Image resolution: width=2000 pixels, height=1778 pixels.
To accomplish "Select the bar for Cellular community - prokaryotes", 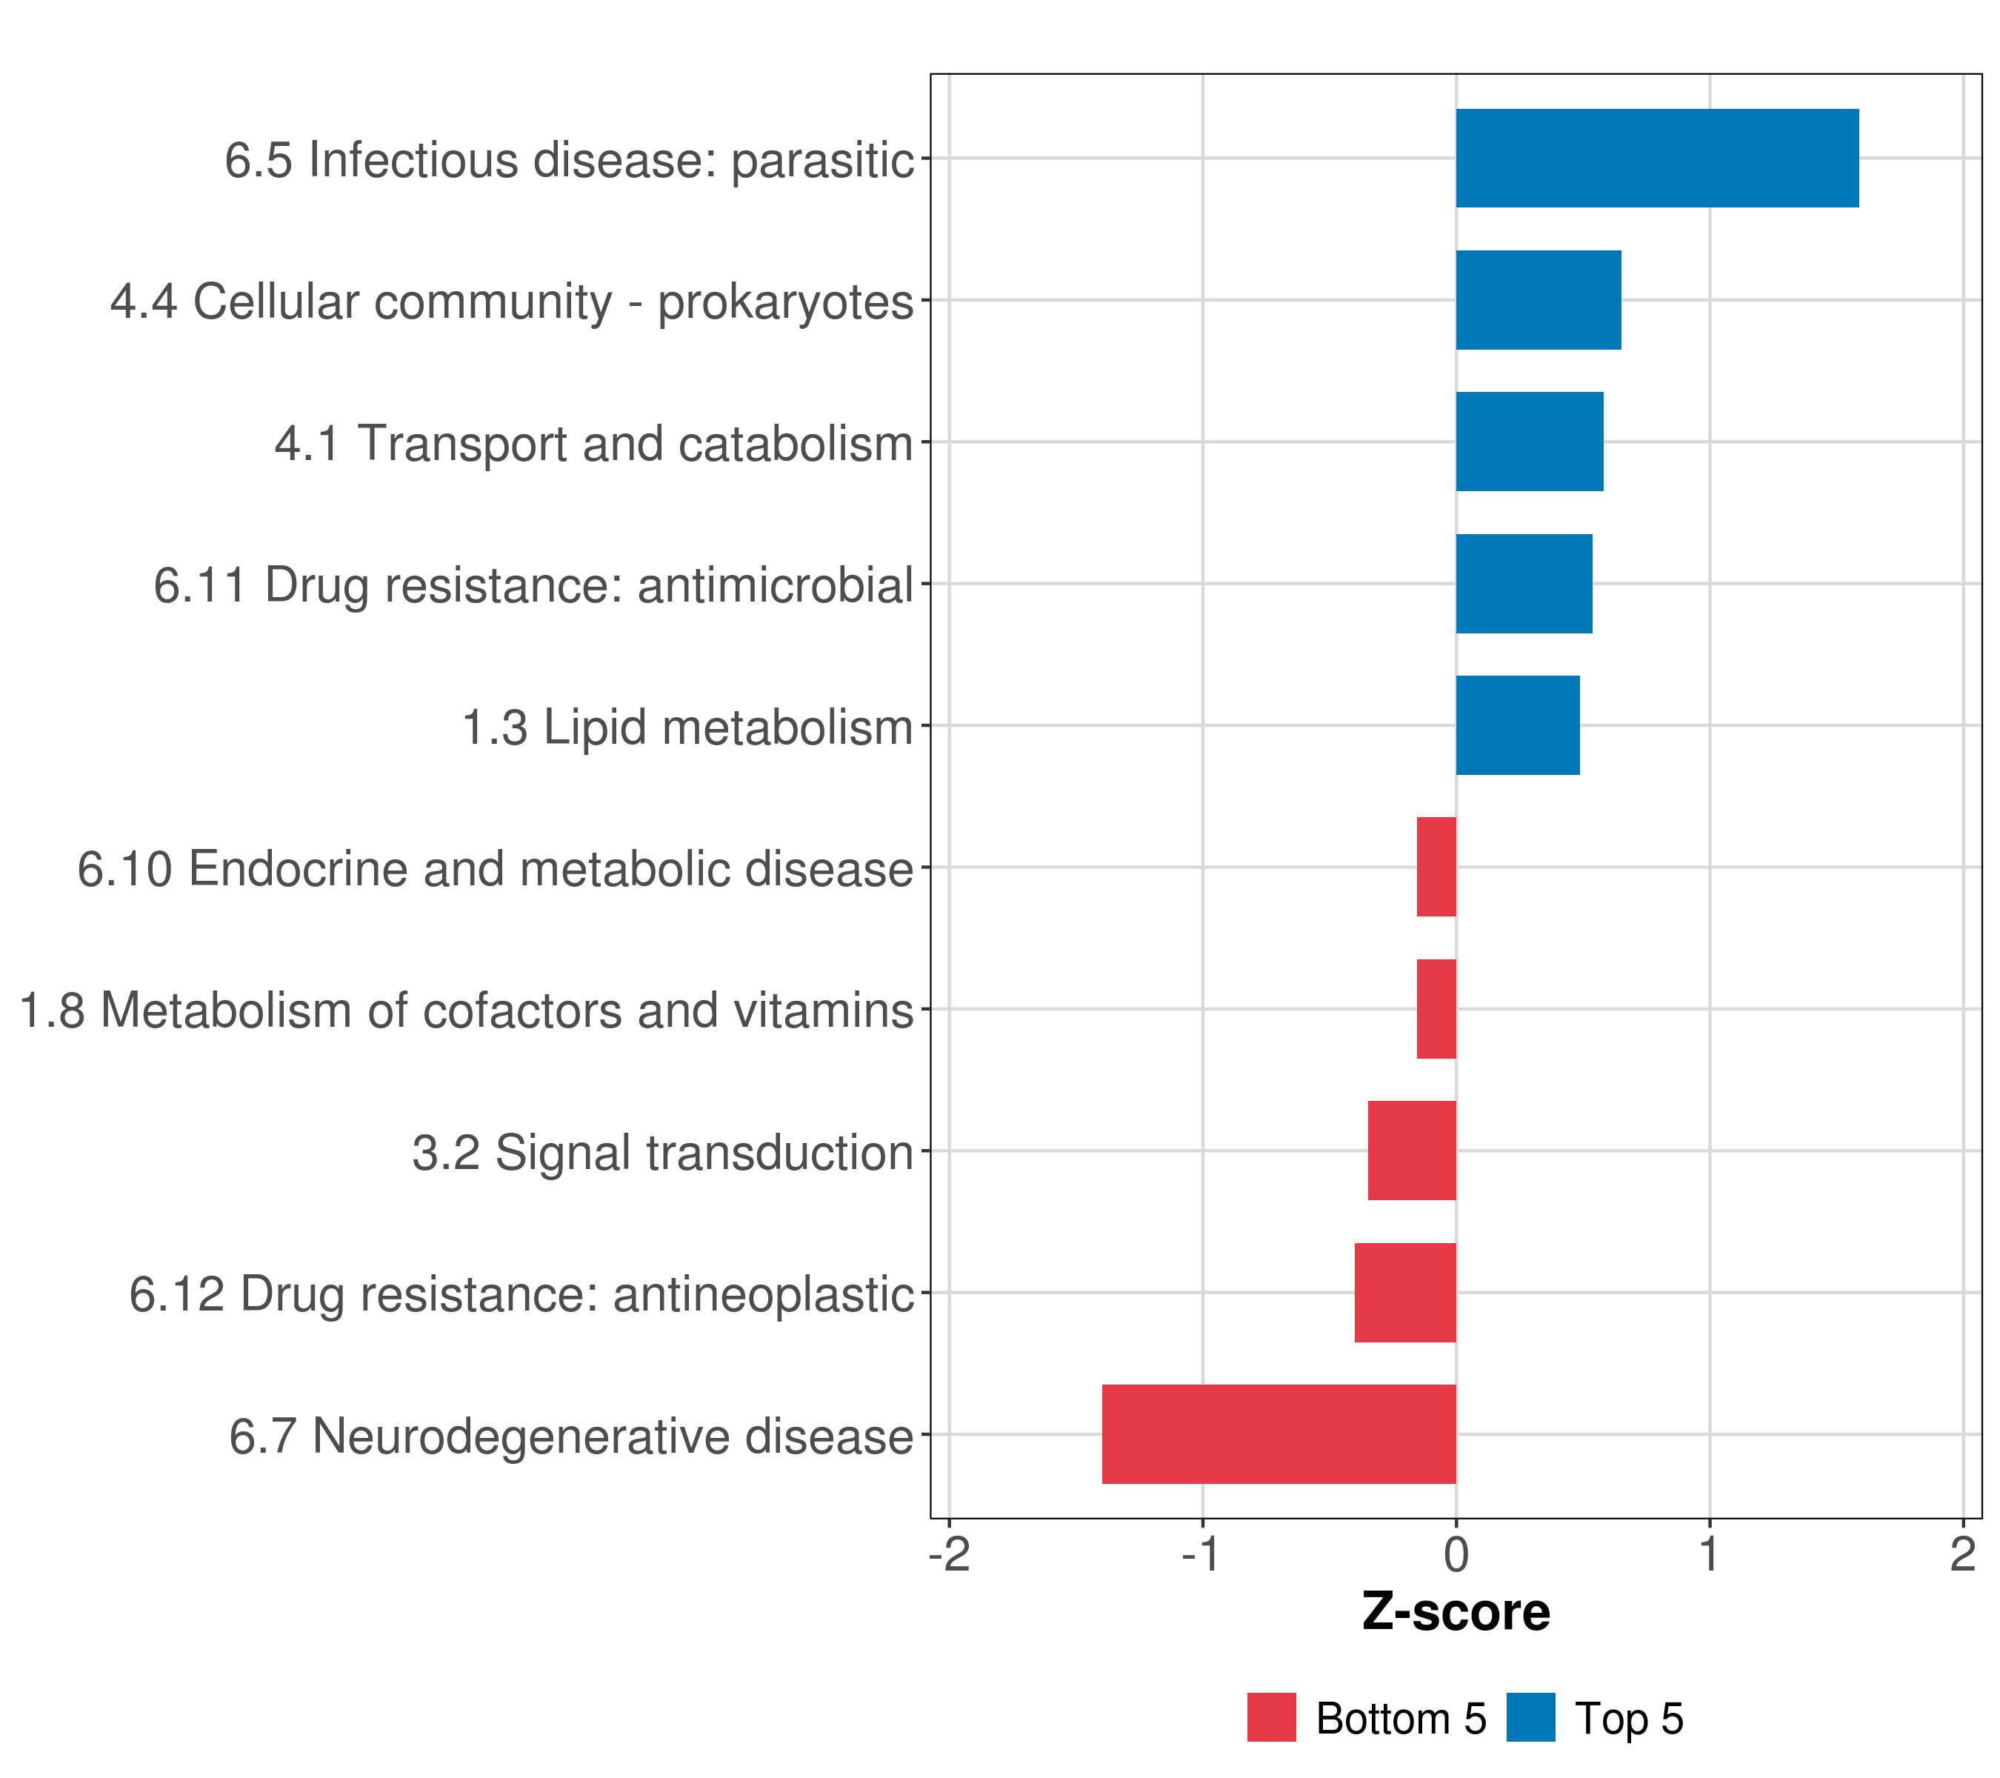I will click(x=1539, y=301).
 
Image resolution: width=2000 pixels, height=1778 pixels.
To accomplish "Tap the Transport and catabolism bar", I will click(x=1530, y=442).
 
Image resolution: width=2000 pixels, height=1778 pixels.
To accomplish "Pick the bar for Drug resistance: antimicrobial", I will click(x=1524, y=585).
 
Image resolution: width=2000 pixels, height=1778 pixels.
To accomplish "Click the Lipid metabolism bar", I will click(x=1518, y=725).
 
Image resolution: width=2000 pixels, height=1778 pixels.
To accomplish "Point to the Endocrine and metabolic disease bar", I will click(x=1436, y=867).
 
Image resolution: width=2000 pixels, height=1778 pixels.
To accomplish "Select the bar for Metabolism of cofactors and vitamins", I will click(x=1436, y=1009).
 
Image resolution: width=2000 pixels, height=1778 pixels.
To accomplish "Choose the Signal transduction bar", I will click(x=1412, y=1151).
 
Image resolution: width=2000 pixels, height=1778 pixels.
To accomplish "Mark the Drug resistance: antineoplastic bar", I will click(x=1405, y=1293).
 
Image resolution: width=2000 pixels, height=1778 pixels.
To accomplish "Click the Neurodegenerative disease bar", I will click(x=1279, y=1434).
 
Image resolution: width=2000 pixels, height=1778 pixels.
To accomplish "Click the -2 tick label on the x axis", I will click(x=949, y=1555).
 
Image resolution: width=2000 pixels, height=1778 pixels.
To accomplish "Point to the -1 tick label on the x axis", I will click(x=1202, y=1555).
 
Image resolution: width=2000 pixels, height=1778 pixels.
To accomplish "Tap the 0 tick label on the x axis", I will click(x=1456, y=1555).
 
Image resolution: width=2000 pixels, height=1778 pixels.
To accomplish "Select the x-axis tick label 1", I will click(x=1710, y=1555).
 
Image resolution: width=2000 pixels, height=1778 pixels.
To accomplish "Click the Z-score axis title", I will click(x=1456, y=1613).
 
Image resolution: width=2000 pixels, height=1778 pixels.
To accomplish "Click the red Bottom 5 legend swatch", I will click(x=1271, y=1717).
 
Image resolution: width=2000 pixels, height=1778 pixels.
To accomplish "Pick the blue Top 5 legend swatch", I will click(x=1530, y=1717).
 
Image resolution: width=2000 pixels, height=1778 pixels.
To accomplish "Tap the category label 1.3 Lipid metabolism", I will click(x=687, y=728).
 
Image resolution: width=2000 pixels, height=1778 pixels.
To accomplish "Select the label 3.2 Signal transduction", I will click(x=662, y=1153).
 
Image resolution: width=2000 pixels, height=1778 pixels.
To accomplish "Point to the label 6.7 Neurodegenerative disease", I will click(x=571, y=1436).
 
